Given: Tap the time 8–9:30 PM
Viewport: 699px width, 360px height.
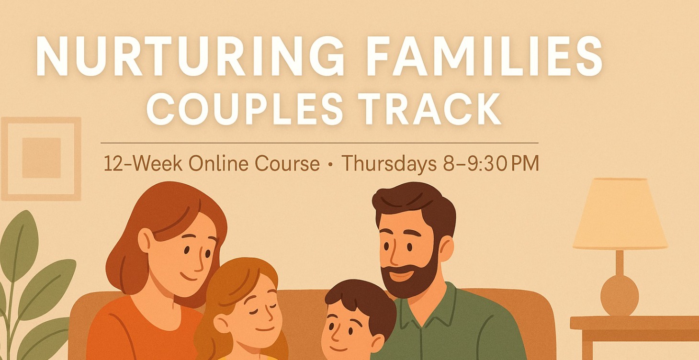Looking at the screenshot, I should click(488, 164).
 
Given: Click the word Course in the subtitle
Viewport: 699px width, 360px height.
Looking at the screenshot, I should click(287, 164).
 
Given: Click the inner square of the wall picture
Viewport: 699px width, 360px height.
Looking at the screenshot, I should click(41, 158).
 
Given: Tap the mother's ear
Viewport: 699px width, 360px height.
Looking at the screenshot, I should click(145, 239).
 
